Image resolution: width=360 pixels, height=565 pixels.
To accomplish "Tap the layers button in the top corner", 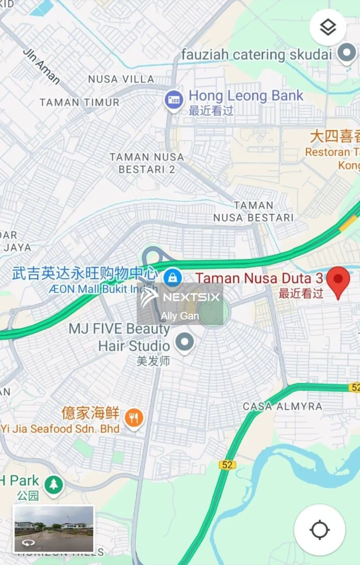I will (x=328, y=27).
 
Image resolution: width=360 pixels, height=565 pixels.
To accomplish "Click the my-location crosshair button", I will (x=319, y=530).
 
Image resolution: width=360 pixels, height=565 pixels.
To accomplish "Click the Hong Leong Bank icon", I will (x=174, y=100).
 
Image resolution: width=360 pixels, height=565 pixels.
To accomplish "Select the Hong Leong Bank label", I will (x=246, y=96).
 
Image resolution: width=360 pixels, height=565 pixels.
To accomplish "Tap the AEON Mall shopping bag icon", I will (x=172, y=278).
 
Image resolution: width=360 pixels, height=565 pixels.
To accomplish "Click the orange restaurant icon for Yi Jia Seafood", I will (x=134, y=418).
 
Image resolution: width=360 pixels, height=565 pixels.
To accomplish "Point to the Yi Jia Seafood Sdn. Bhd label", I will (x=60, y=429).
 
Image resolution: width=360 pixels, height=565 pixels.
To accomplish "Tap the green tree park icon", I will (x=54, y=484).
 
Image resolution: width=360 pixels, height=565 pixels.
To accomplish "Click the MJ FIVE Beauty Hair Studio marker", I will (x=185, y=342).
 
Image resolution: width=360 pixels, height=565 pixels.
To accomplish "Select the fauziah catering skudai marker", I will (x=346, y=53).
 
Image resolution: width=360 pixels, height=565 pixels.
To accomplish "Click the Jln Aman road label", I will (x=42, y=66).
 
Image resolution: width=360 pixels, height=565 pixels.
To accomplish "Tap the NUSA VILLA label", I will (x=121, y=79).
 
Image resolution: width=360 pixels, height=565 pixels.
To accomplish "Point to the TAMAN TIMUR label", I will (x=79, y=102).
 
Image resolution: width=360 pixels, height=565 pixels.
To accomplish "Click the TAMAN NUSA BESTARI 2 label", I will (x=146, y=163).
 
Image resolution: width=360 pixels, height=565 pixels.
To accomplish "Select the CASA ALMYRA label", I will (x=282, y=406).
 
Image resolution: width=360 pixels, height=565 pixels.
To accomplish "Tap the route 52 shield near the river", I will (x=227, y=465).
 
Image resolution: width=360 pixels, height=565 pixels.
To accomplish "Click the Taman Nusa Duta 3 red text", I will (x=259, y=278).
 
